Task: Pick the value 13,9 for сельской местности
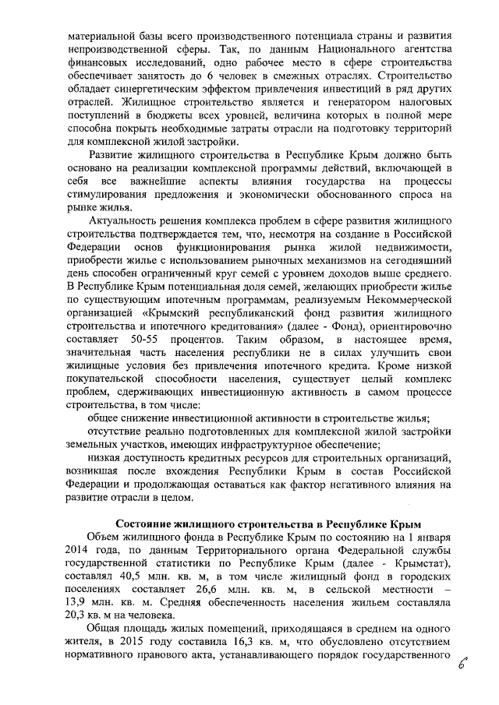point(83,601)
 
